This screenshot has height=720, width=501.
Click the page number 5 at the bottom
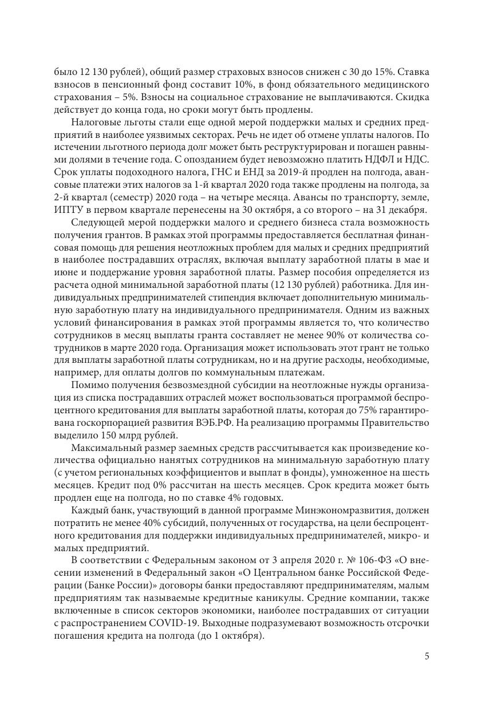tap(427, 656)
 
